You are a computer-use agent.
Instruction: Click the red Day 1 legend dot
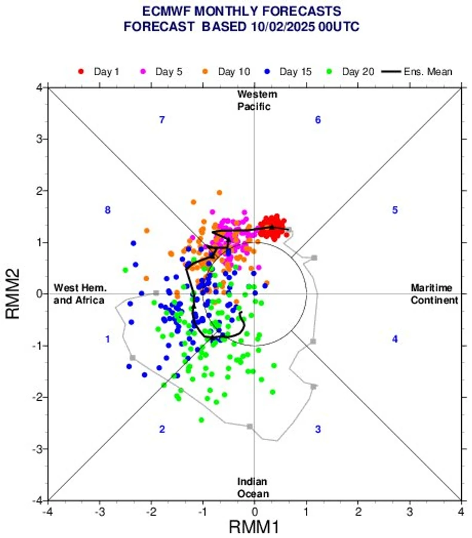(x=81, y=72)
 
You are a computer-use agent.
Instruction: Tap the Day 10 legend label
(x=234, y=72)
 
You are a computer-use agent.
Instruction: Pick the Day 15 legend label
(x=296, y=72)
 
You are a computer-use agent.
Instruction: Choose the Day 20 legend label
(x=358, y=72)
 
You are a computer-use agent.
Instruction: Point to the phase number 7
(x=161, y=120)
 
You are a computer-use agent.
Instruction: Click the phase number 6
(x=318, y=120)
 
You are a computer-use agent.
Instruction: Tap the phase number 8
(x=108, y=210)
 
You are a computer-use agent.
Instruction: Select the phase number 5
(x=395, y=210)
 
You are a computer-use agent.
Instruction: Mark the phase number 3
(x=318, y=429)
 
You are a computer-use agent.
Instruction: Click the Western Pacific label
(x=257, y=100)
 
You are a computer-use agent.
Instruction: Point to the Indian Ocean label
(x=252, y=488)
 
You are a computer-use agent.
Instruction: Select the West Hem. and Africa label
(x=79, y=294)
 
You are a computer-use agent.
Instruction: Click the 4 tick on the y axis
(x=38, y=88)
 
